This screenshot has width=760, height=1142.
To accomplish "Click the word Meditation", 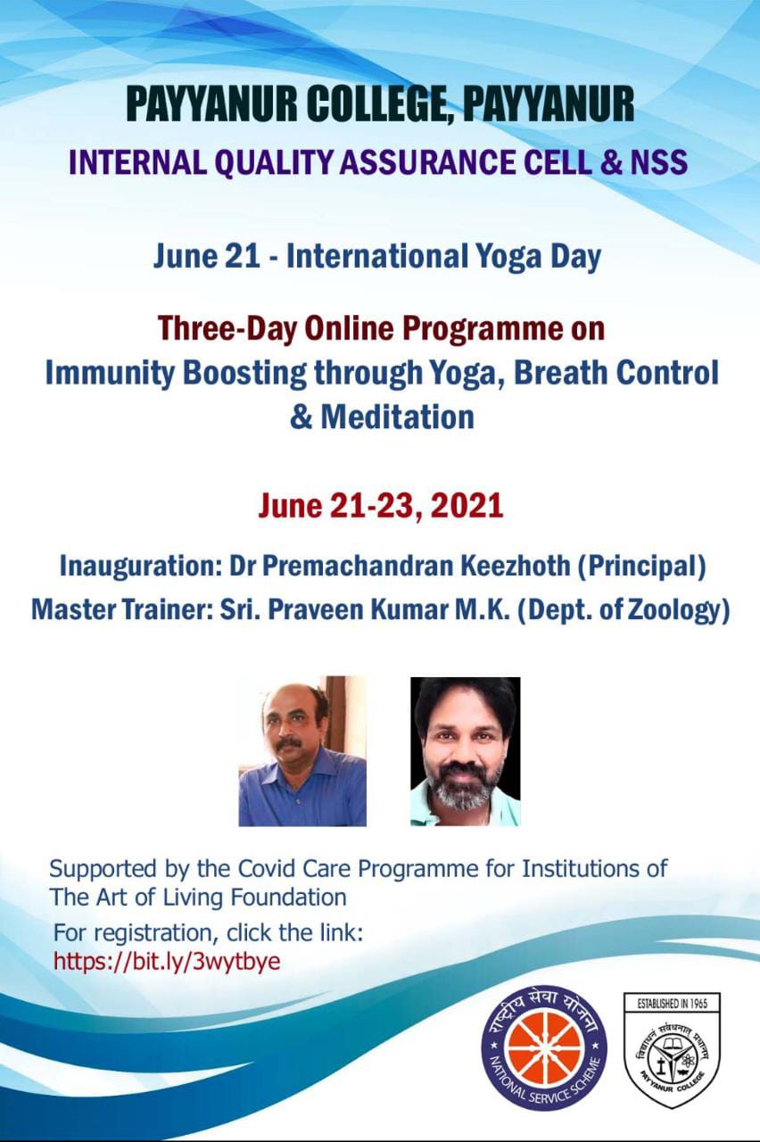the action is click(x=398, y=417).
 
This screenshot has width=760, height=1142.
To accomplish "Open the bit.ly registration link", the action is click(x=167, y=962).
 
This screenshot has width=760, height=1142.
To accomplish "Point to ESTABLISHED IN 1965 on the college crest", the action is click(x=673, y=1004).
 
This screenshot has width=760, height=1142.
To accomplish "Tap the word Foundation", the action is click(x=289, y=898).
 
